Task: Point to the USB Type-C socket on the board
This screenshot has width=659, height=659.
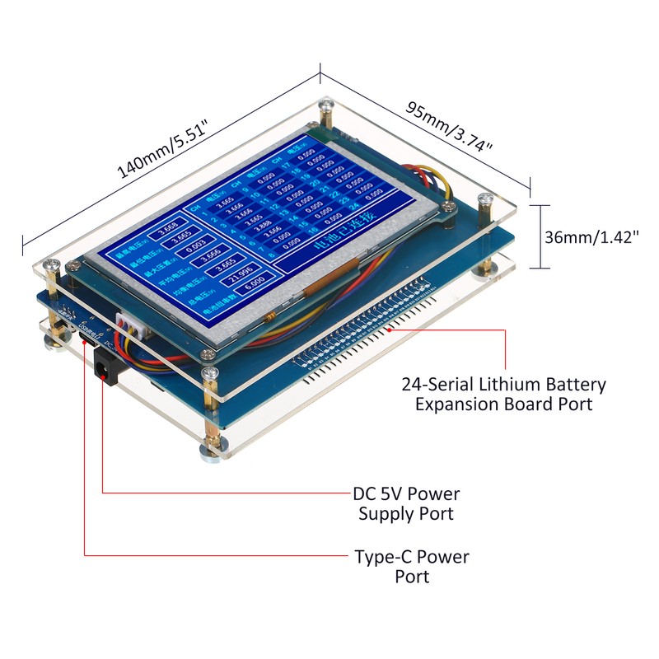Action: (x=85, y=337)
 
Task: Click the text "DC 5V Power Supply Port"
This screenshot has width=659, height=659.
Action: (x=405, y=503)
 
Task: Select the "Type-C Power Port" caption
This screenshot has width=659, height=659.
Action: (x=411, y=566)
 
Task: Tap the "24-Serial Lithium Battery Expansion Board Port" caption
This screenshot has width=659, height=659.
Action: (x=503, y=394)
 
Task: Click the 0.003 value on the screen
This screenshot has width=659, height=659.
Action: (x=196, y=246)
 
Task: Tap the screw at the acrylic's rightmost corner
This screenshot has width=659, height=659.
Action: (x=486, y=199)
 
